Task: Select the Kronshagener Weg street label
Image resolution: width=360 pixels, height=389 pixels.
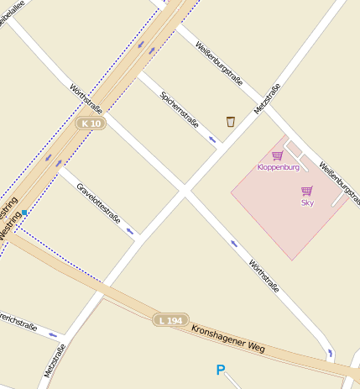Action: click(228, 339)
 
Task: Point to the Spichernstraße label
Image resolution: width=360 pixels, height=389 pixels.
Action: click(180, 108)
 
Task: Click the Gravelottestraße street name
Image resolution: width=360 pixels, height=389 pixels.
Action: click(99, 203)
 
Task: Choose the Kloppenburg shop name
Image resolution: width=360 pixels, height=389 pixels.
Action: click(278, 167)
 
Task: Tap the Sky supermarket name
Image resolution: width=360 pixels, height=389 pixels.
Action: click(307, 202)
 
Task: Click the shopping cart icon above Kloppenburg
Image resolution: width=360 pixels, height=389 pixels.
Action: click(277, 155)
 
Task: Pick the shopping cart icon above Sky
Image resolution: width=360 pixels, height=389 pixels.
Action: click(307, 191)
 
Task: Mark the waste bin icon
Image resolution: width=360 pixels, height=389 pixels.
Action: click(230, 122)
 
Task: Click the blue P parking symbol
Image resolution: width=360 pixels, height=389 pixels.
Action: click(221, 370)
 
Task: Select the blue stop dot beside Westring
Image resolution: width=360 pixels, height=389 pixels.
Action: click(24, 212)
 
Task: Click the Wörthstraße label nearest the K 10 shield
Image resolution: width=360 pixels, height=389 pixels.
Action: click(86, 97)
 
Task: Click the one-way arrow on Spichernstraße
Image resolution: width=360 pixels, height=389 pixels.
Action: click(213, 139)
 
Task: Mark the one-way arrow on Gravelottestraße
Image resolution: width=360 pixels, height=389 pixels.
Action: click(130, 231)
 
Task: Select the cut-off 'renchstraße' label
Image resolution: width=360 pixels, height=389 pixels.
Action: click(18, 323)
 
